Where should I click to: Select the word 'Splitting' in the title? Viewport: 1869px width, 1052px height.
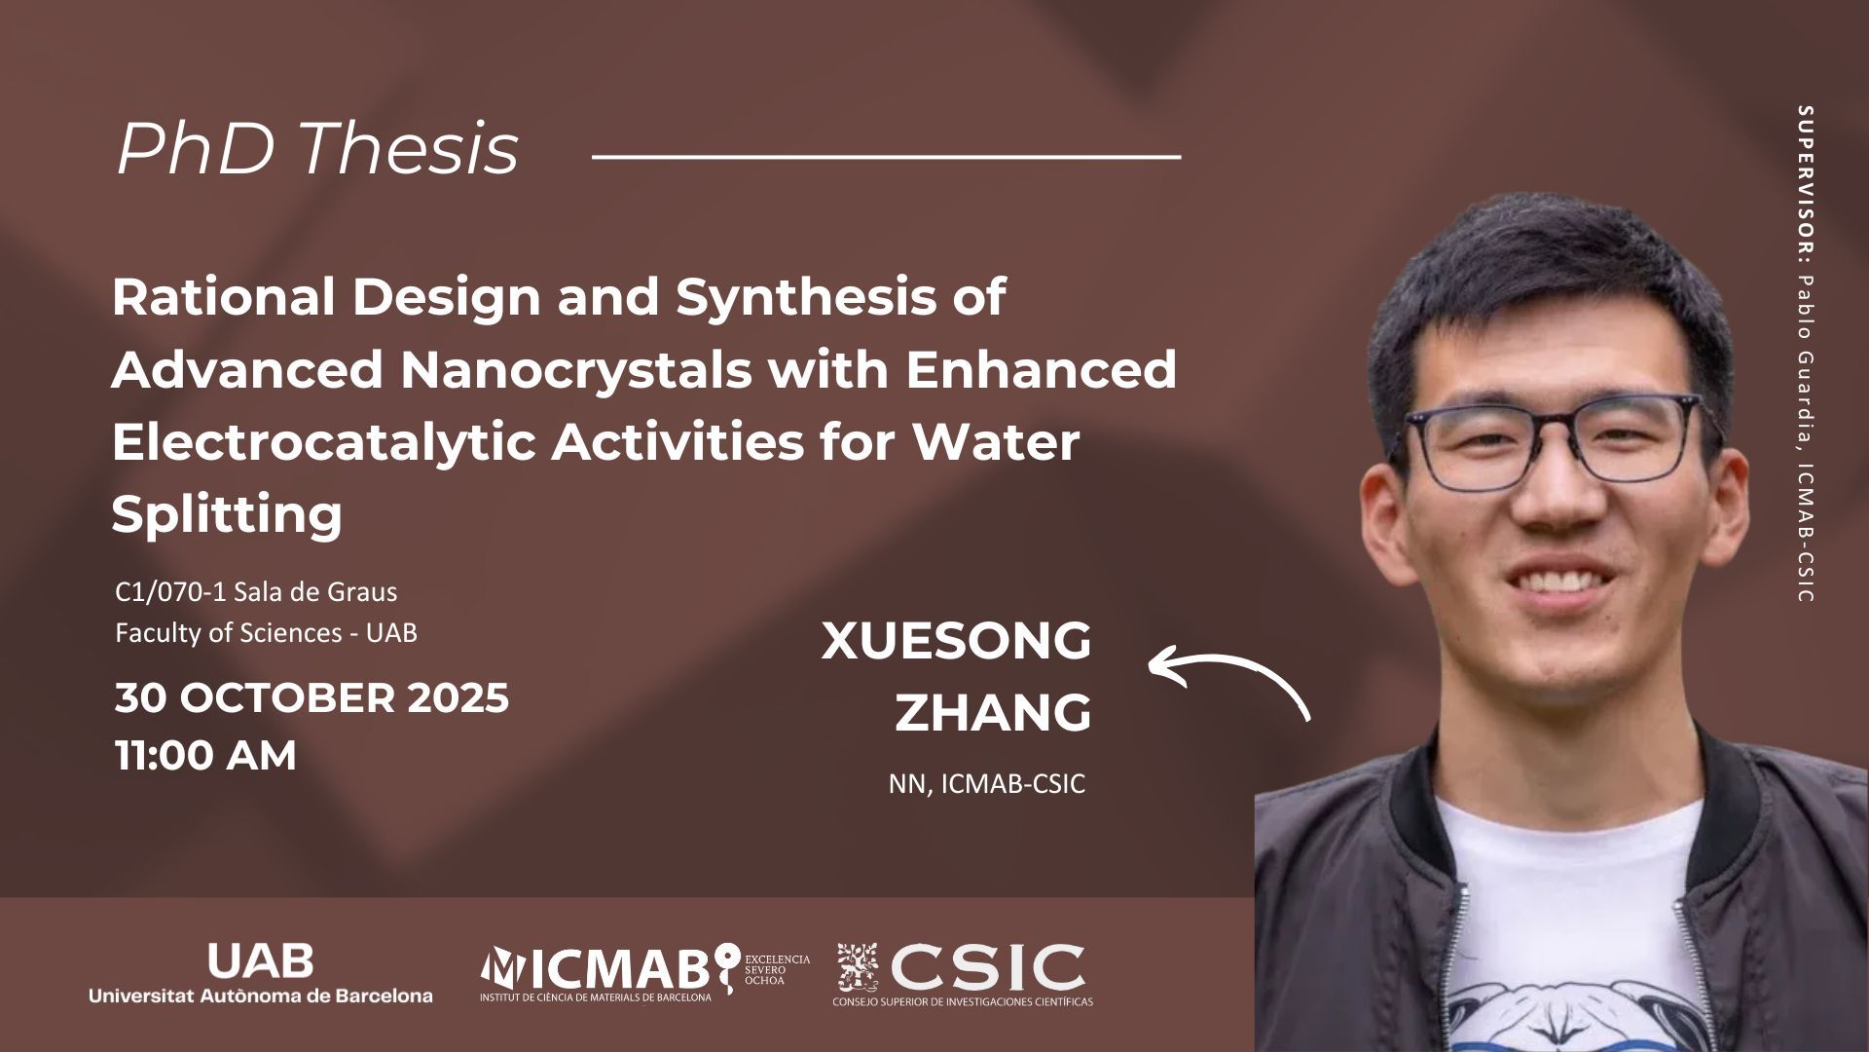pyautogui.click(x=227, y=514)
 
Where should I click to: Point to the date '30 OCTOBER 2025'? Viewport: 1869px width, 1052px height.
pyautogui.click(x=312, y=698)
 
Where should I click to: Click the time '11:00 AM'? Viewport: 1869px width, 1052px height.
pyautogui.click(x=205, y=756)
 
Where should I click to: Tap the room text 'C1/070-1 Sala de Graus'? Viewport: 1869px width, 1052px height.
pyautogui.click(x=256, y=591)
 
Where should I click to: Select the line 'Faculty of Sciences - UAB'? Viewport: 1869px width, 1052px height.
pyautogui.click(x=266, y=633)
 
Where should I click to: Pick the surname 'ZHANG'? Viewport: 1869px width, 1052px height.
pyautogui.click(x=993, y=713)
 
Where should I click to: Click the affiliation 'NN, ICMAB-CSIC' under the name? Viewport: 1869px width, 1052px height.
pyautogui.click(x=986, y=784)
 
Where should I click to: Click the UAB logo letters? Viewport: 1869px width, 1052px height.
pyautogui.click(x=260, y=961)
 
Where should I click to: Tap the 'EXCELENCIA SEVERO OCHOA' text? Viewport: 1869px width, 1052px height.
pyautogui.click(x=777, y=970)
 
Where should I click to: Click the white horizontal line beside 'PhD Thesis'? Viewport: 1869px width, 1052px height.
pyautogui.click(x=886, y=155)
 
